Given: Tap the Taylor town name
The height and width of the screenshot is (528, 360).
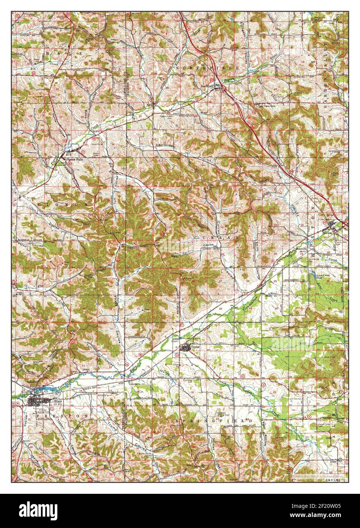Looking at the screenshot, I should pos(195,347).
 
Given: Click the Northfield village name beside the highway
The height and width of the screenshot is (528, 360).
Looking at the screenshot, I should pos(208,86).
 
